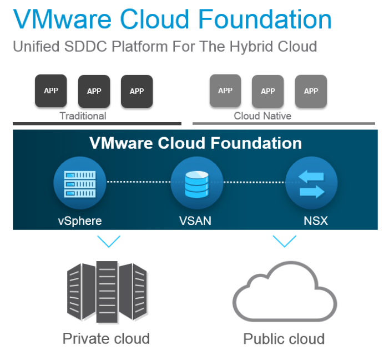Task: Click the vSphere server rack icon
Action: (80, 184)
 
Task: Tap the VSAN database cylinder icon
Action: (197, 184)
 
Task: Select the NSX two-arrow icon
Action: (311, 184)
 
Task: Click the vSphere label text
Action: (80, 221)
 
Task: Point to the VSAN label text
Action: (195, 221)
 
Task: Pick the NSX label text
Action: (316, 221)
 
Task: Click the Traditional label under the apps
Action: (83, 116)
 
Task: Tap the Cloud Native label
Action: (262, 116)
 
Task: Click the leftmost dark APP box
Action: (51, 91)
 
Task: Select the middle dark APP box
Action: (94, 91)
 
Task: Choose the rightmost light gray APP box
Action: (311, 91)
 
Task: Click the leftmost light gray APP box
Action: (225, 91)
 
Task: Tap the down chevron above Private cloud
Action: (109, 241)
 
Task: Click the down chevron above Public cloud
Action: (284, 241)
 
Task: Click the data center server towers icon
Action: (107, 292)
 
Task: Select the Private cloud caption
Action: (106, 338)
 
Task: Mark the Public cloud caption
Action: (284, 339)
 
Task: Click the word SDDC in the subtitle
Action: (85, 46)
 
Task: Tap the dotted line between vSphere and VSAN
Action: (139, 182)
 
